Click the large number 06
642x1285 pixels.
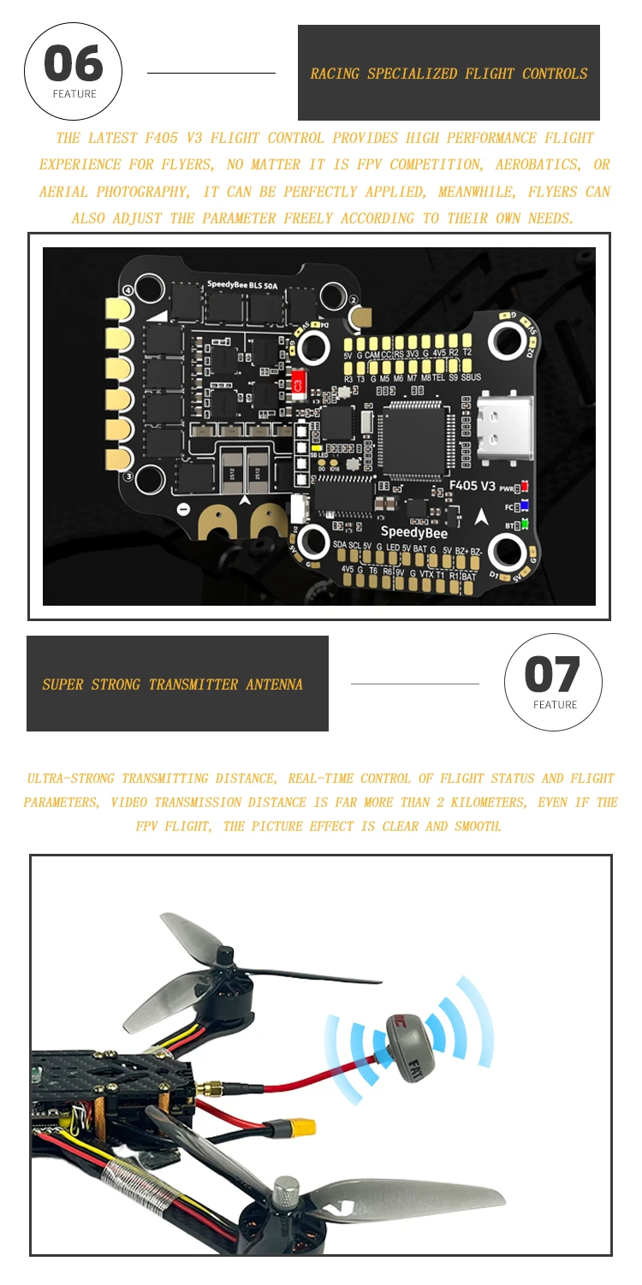pos(74,64)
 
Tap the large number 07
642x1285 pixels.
pos(553,674)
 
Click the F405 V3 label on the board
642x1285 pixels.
pos(472,486)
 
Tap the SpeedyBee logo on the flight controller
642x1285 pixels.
pos(413,532)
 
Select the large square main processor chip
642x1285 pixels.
pos(414,438)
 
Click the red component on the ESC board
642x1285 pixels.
pos(299,383)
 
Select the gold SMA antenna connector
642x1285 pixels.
pos(208,1088)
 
